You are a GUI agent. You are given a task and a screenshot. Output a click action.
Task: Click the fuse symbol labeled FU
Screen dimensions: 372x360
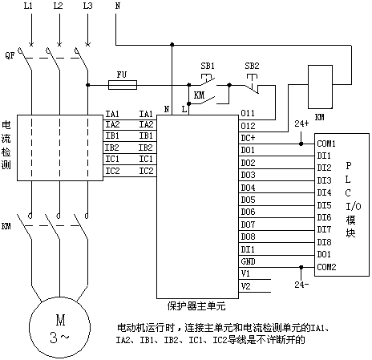tap(123, 85)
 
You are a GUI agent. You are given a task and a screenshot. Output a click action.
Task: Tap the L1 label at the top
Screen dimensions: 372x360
tap(28, 6)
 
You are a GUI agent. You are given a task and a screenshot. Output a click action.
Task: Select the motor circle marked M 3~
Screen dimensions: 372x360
tap(59, 327)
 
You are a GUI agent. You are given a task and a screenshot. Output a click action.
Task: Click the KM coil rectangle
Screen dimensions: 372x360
tap(320, 87)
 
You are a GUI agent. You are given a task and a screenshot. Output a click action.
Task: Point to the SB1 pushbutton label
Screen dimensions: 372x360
tap(208, 66)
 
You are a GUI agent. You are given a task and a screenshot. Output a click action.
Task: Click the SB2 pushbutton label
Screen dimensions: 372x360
tap(252, 66)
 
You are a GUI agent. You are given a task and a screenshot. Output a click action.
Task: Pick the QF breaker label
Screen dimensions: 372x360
tap(10, 55)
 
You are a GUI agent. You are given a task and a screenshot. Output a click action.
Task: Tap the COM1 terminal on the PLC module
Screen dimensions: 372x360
tap(326, 144)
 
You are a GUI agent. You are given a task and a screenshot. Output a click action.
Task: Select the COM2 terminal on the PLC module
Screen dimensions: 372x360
tap(326, 267)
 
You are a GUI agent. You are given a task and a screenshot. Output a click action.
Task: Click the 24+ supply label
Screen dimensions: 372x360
tap(301, 123)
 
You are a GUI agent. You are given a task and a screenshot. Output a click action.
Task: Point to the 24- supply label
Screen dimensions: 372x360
tap(301, 285)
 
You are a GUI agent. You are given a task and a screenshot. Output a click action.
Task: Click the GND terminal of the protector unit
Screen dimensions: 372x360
tap(248, 261)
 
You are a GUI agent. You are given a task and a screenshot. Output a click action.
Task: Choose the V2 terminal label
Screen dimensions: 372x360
tap(245, 286)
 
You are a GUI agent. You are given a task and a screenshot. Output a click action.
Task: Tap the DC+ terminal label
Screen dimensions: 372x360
tap(248, 138)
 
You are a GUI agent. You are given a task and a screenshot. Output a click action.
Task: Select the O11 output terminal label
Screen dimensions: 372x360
tap(248, 113)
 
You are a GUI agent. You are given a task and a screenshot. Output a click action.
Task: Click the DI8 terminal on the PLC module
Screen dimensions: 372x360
tap(324, 242)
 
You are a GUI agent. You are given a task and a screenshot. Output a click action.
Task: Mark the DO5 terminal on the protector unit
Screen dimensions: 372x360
tap(248, 200)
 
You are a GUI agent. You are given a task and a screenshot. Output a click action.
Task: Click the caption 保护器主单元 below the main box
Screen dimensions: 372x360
tap(196, 306)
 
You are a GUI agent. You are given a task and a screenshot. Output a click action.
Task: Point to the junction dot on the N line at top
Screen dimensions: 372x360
tap(172, 44)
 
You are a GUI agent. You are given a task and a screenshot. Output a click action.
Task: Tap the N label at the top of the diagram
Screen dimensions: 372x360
tap(118, 6)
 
